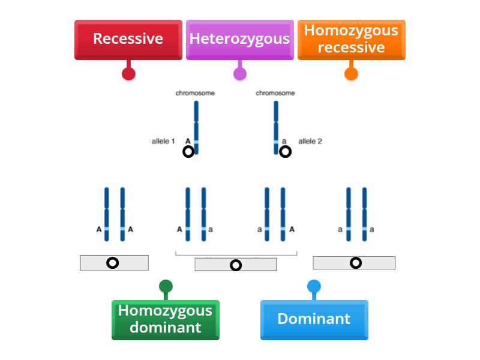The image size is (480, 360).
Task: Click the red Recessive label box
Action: [128, 40]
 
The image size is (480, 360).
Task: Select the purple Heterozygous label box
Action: [239, 40]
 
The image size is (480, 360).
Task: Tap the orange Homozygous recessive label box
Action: [351, 40]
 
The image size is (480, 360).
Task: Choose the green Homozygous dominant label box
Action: [165, 319]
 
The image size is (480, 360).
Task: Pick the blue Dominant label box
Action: [314, 319]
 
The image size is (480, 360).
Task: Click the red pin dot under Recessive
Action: [128, 74]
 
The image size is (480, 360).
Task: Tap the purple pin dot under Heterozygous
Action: [239, 74]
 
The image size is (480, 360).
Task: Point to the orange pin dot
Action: [351, 74]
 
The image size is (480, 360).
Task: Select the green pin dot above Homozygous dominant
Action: [166, 286]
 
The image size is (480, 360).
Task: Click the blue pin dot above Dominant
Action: [314, 286]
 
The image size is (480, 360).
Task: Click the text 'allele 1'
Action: [163, 142]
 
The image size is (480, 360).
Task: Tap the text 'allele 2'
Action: [310, 142]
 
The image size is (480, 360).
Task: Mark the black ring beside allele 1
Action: [188, 152]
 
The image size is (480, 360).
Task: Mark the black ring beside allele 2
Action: [286, 152]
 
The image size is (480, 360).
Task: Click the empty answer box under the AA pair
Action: [114, 263]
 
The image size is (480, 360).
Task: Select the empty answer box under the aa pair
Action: [354, 263]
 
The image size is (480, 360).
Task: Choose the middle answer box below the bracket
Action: [236, 265]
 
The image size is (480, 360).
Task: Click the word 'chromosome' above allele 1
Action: [195, 93]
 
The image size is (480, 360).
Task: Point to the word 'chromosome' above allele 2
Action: [275, 93]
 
